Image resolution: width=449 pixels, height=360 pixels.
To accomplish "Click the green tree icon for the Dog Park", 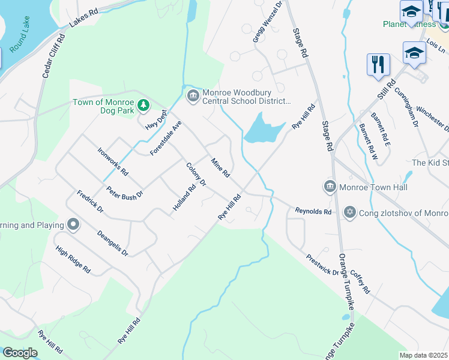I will [143, 106].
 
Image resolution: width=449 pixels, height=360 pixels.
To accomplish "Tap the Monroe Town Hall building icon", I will [330, 187].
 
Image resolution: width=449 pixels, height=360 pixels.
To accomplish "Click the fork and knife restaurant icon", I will [378, 64].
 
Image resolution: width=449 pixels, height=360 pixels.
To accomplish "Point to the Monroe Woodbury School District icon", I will [193, 96].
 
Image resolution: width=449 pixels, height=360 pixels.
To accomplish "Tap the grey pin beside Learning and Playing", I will [73, 225].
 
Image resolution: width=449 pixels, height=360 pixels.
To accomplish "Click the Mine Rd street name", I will [220, 167].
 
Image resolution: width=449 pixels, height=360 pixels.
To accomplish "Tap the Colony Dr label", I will [196, 174].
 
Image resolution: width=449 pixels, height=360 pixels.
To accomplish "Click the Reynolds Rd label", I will [313, 211].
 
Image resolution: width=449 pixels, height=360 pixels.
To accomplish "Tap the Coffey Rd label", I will [360, 281].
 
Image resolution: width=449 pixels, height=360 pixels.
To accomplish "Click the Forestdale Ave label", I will [166, 139].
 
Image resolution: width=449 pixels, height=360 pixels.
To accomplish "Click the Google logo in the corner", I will [20, 353].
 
